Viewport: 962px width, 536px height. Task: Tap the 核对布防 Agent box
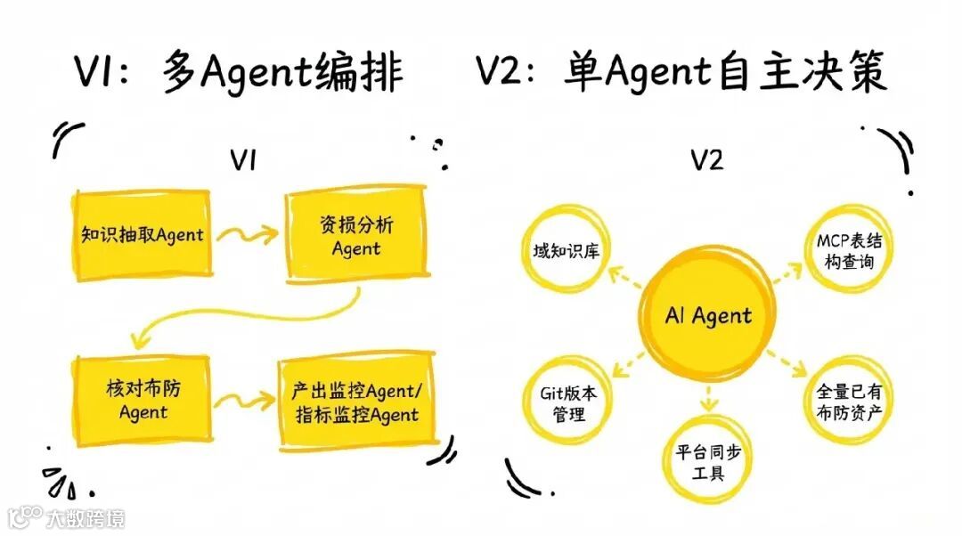click(143, 400)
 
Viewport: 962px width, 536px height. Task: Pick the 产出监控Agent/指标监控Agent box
click(355, 402)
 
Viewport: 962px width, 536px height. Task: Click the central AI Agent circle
click(707, 315)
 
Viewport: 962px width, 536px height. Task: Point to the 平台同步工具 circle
click(709, 459)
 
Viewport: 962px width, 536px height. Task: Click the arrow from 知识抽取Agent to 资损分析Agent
click(247, 236)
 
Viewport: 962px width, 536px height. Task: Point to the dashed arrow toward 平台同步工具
click(708, 400)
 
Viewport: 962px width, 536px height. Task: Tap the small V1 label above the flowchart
click(244, 160)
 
